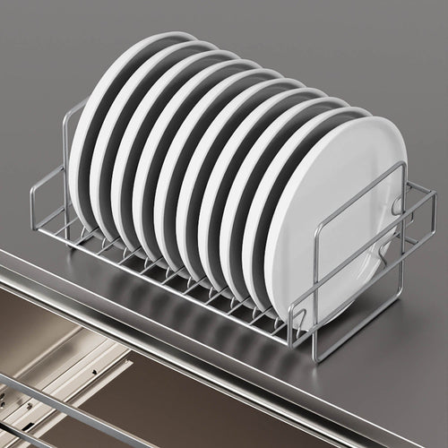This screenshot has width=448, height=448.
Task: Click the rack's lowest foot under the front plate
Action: pos(314,357)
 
